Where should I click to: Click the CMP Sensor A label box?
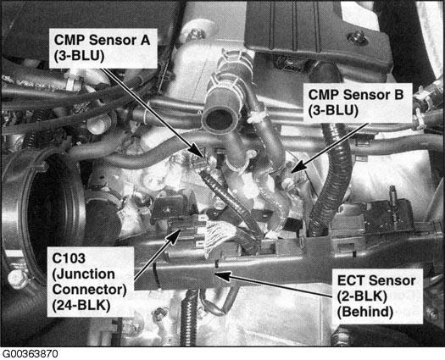click(x=103, y=48)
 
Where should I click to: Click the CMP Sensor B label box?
click(x=358, y=102)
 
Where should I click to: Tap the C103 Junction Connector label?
click(x=90, y=282)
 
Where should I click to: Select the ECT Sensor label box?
click(x=377, y=296)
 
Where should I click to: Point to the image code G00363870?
click(x=30, y=354)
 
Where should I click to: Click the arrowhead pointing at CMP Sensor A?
click(x=197, y=151)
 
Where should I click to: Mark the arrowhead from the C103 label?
click(x=173, y=236)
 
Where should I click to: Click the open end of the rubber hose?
click(x=217, y=120)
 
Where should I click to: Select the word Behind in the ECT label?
click(x=365, y=312)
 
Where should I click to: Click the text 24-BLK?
click(x=81, y=306)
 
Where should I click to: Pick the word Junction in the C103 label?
click(x=84, y=275)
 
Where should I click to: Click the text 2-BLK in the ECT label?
click(x=362, y=296)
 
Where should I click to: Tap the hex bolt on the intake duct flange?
click(x=18, y=280)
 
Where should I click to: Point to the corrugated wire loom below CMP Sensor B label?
click(x=332, y=181)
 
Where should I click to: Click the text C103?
click(x=69, y=258)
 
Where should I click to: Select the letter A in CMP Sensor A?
click(x=144, y=40)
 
